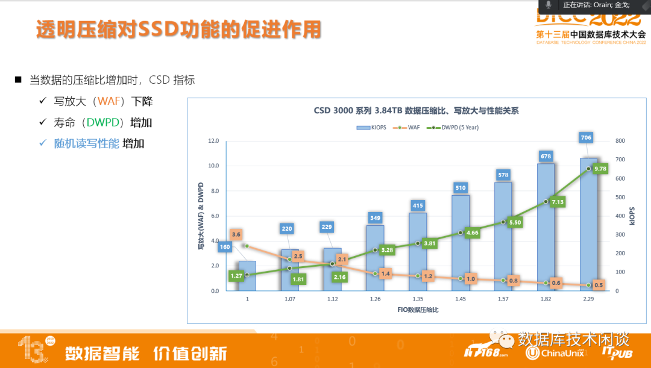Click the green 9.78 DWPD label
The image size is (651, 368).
click(x=600, y=169)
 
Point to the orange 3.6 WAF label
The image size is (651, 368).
click(x=236, y=234)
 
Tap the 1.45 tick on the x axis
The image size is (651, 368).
click(x=460, y=299)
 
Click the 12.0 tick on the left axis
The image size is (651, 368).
click(x=213, y=141)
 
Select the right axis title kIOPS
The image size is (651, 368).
click(x=632, y=216)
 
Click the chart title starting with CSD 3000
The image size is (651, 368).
click(x=416, y=111)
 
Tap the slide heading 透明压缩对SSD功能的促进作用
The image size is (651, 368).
click(x=178, y=30)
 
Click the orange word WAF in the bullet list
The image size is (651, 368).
click(x=109, y=101)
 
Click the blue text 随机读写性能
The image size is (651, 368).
click(x=86, y=143)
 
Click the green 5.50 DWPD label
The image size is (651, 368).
click(x=514, y=222)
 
